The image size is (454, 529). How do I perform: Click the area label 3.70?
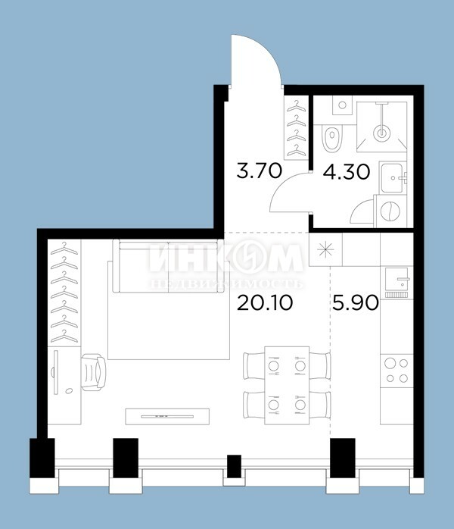click(259, 171)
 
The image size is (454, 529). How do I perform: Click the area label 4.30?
click(347, 172)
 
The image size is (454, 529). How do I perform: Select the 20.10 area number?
click(265, 302)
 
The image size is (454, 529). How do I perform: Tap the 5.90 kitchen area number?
click(356, 302)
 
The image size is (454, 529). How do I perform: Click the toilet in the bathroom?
click(332, 138)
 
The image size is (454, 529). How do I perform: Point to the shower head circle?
click(381, 133)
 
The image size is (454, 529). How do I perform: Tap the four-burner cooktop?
click(396, 371)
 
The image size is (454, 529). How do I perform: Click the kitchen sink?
click(396, 280)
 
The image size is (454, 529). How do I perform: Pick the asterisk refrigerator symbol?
click(326, 250)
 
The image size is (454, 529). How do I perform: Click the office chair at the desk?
click(94, 372)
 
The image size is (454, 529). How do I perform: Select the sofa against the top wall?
click(168, 266)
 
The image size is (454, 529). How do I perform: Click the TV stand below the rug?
click(167, 417)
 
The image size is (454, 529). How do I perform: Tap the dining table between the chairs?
click(287, 385)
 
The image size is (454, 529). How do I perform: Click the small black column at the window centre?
click(234, 466)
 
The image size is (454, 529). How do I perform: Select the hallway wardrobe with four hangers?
click(297, 128)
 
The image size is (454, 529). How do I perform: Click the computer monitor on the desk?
click(55, 372)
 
